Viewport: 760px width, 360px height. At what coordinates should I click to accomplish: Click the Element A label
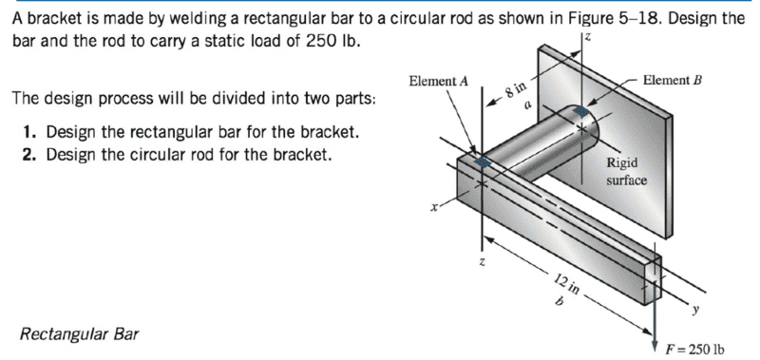pos(438,81)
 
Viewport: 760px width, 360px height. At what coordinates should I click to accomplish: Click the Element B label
pos(673,80)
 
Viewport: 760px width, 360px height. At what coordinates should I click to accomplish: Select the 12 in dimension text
pos(566,284)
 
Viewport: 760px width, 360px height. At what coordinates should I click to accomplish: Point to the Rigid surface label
pos(626,171)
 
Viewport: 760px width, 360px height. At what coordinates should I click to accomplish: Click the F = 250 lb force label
pos(695,349)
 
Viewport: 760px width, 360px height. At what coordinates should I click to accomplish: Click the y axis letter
pos(696,308)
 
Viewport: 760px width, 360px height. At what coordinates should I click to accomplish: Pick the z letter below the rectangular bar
pos(482,262)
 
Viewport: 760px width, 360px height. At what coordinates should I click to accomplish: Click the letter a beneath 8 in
pos(528,104)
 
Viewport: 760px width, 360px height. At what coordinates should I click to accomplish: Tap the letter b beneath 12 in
pos(559,301)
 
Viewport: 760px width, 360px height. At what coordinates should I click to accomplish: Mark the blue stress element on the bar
pos(483,161)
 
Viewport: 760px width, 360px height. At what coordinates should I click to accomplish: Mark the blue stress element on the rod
pos(581,111)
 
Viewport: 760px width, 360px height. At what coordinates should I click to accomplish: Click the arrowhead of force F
pos(655,339)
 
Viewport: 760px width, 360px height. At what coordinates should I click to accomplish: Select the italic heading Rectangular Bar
pos(79,333)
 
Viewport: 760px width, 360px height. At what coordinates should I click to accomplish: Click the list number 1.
pos(29,132)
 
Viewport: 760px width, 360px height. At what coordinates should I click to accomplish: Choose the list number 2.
pos(29,154)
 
